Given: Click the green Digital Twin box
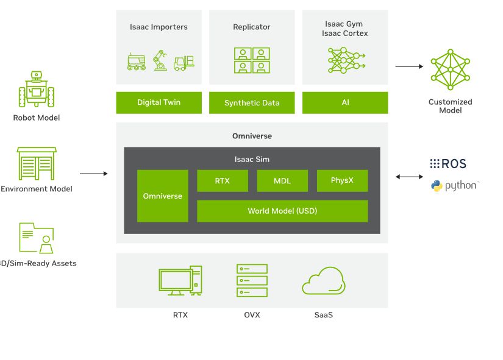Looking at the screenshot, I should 159,102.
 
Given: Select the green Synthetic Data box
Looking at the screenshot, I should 252,103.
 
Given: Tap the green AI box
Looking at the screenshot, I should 345,102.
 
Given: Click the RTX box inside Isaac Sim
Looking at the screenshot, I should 223,180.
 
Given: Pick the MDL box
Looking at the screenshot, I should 282,180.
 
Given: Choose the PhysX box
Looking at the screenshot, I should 342,180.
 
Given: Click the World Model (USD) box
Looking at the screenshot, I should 282,211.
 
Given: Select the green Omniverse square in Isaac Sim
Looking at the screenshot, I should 162,196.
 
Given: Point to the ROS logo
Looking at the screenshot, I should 448,163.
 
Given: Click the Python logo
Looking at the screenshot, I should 455,186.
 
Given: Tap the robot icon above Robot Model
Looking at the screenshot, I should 37,90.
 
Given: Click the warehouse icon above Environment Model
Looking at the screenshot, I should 37,163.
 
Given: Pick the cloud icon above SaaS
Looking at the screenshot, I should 324,281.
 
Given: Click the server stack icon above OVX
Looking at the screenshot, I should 252,280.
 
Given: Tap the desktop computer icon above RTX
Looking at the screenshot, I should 180,281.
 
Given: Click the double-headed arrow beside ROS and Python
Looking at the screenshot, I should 409,177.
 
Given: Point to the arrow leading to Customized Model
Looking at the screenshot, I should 408,66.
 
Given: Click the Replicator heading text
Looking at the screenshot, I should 252,27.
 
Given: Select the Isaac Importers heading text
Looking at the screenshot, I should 159,27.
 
